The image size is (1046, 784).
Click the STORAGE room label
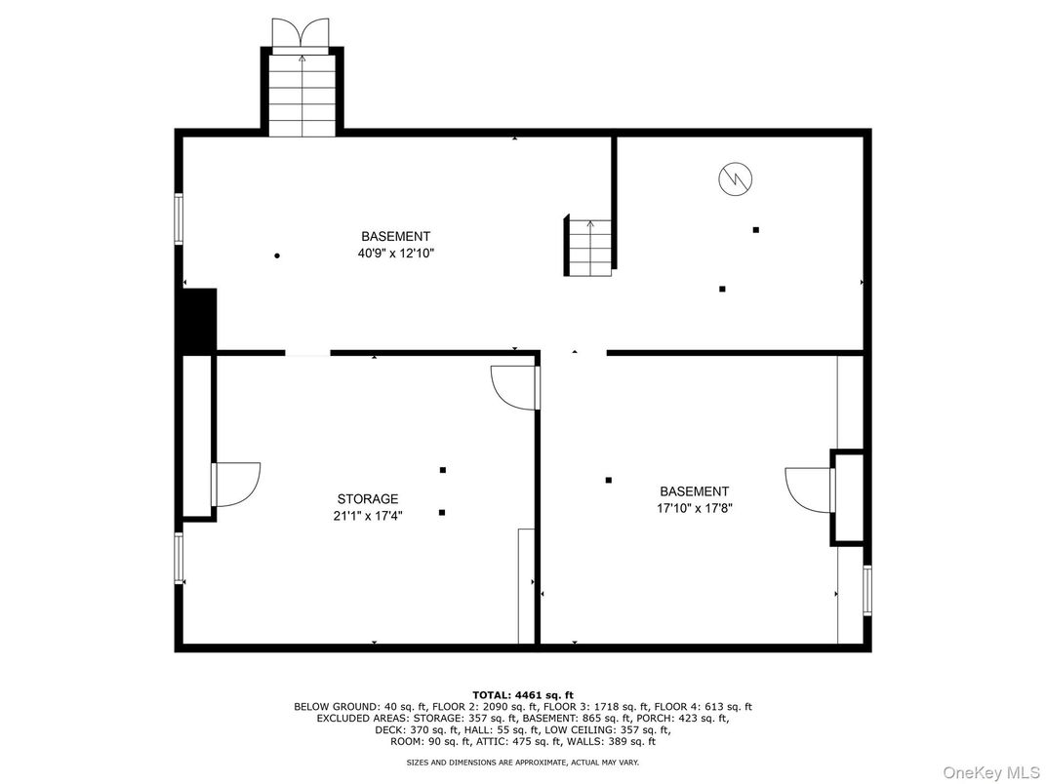pos(368,499)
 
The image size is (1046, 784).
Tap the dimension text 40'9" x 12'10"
pos(395,254)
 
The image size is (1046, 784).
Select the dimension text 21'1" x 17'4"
pos(368,517)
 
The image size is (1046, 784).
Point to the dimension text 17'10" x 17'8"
pos(694,509)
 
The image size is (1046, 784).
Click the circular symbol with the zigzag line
pos(735,178)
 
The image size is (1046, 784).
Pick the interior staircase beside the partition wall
pos(589,248)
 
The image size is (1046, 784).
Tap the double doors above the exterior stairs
pos(302,34)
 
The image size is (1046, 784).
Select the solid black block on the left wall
pos(199,319)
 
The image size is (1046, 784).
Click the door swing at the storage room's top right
pos(513,387)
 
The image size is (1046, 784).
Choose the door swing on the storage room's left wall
pos(237,484)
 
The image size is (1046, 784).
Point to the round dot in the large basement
pos(277,255)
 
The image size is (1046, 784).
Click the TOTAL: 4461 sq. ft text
pos(523,695)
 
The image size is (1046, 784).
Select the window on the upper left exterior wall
pos(179,218)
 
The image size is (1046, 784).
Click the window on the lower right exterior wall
pos(867,590)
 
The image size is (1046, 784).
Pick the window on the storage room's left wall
pos(179,558)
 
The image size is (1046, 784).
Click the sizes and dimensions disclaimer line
pos(523,762)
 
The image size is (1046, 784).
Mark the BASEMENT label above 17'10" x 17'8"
pos(694,491)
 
